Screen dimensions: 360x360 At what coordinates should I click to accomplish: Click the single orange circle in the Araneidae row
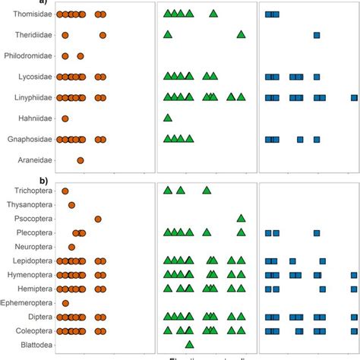point(81,160)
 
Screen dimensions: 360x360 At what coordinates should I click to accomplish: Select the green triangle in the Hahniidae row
point(168,118)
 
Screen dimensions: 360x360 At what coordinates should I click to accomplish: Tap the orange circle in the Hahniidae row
point(65,118)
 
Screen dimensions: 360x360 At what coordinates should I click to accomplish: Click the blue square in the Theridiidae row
point(317,35)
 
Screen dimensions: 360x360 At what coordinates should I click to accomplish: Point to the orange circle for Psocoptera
point(98,219)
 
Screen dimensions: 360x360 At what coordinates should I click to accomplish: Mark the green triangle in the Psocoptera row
point(241,218)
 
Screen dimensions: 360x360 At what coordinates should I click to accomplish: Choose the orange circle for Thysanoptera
point(71,205)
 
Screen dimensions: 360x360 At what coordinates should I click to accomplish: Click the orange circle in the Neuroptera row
point(71,247)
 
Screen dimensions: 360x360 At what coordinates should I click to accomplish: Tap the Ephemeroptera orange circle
point(65,303)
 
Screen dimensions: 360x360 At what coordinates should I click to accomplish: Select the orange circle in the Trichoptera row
point(65,191)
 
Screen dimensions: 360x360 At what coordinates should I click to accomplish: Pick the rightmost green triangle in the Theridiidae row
point(241,34)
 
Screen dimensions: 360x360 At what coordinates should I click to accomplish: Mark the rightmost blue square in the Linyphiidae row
point(354,97)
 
